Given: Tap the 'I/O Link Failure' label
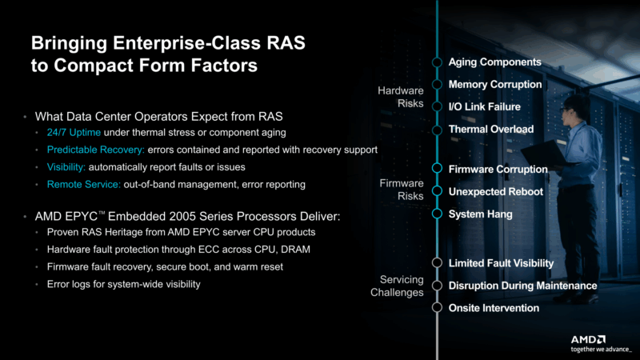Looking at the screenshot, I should pos(484,106).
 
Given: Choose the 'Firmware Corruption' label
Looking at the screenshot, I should pos(498,169).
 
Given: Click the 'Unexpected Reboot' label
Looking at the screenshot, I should pos(495,191).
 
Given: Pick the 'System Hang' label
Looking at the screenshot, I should pos(480,214).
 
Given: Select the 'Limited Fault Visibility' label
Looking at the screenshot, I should pos(501,262).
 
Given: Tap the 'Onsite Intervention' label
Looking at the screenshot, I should pos(494,308).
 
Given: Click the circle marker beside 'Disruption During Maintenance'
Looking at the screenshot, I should pos(437,286).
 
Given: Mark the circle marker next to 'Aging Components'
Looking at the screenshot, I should pos(437,62).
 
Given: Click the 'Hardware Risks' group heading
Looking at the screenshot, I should pos(400,98).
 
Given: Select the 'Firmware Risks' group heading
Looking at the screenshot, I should pos(401,190).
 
